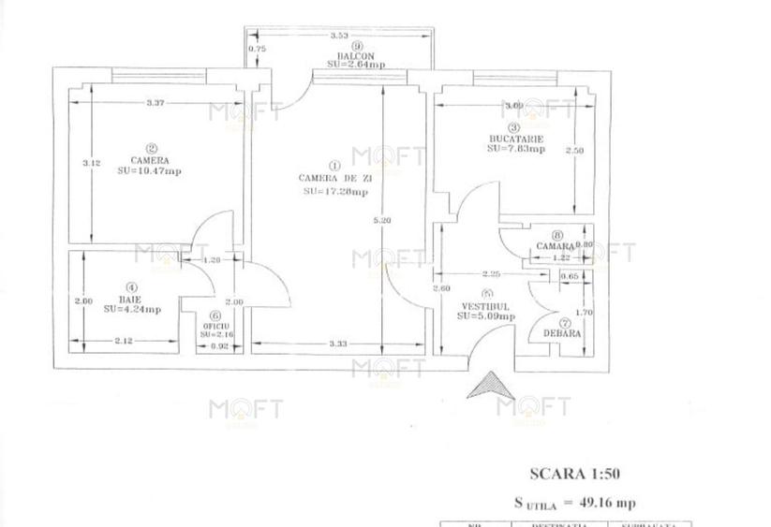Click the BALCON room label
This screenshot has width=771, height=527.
[357, 54]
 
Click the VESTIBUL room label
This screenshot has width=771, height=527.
[484, 306]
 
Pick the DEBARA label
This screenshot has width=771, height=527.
[562, 333]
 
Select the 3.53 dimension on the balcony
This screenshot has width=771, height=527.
[339, 36]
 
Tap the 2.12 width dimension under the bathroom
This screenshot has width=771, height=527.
[122, 342]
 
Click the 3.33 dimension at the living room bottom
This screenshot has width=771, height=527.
[338, 344]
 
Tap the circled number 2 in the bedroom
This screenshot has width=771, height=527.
[151, 147]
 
